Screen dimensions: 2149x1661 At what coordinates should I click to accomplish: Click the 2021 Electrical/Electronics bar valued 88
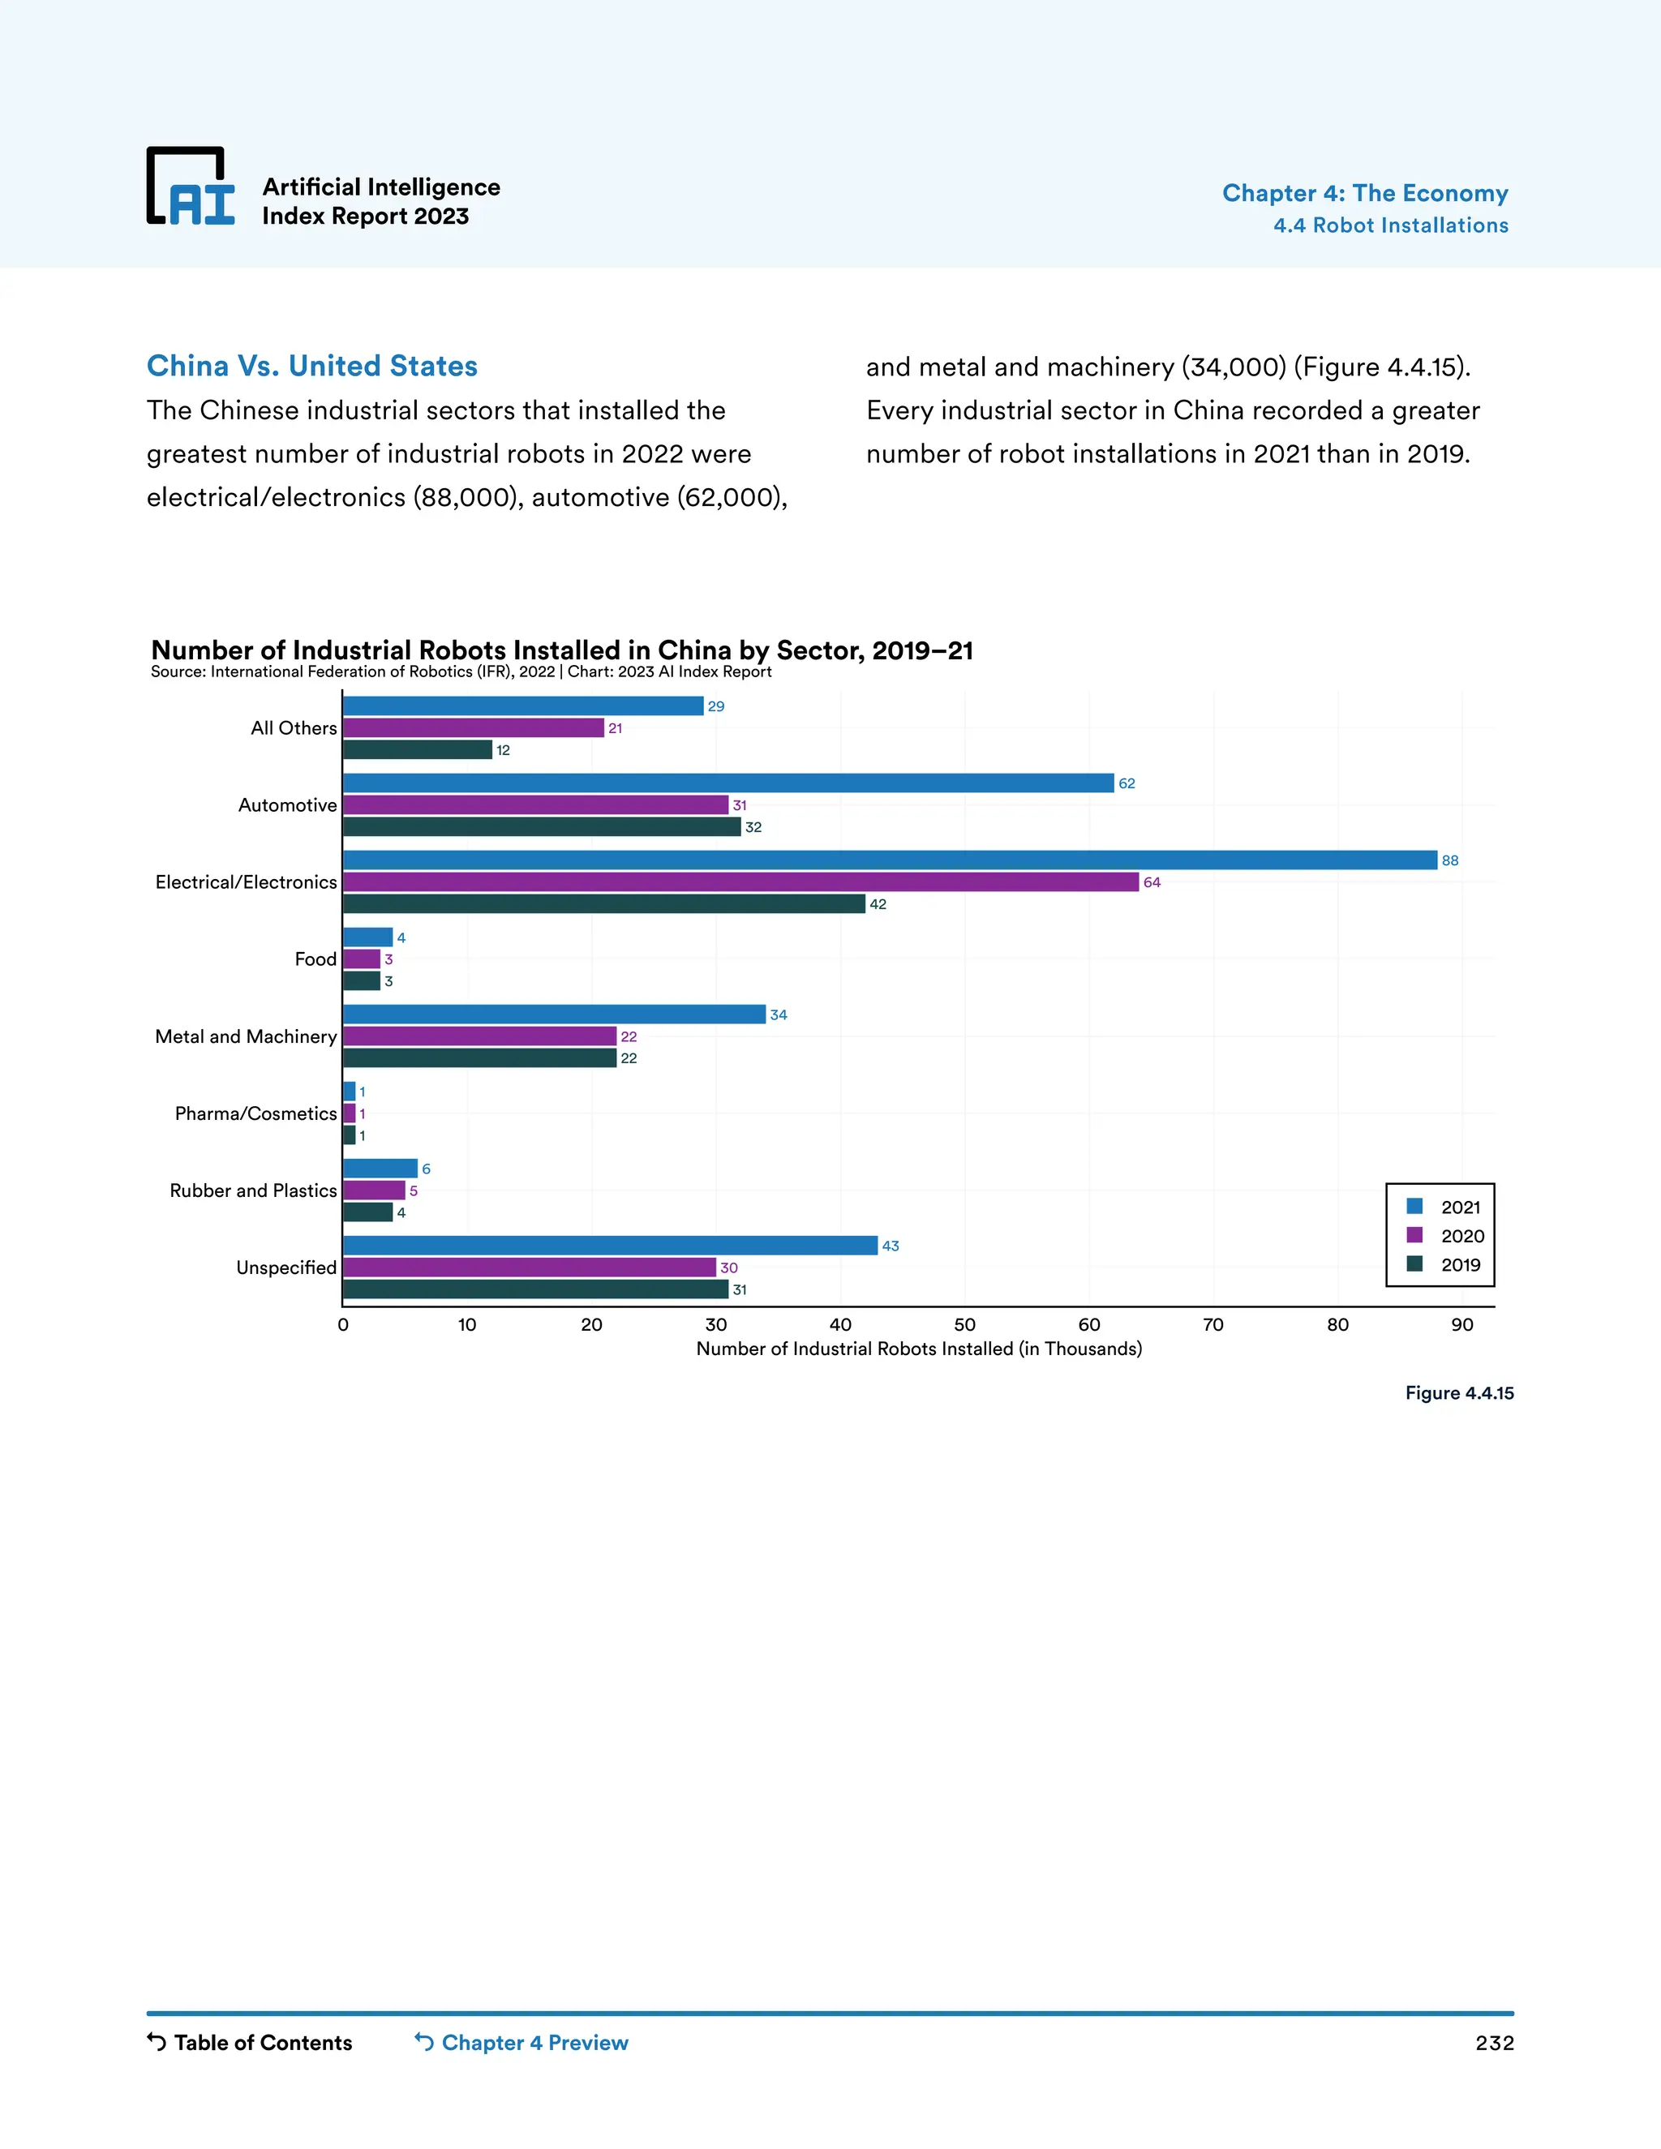[890, 860]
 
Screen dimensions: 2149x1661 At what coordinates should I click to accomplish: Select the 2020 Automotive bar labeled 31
[535, 805]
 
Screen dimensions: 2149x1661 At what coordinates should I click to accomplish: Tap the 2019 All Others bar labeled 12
[417, 750]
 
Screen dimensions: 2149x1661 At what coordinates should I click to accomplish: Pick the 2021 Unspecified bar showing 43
[610, 1246]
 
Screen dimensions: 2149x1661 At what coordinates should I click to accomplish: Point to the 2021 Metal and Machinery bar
[554, 1014]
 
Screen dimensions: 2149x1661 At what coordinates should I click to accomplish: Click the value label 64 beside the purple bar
[1152, 882]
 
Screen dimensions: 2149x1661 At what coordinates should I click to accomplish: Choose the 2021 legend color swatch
[1415, 1207]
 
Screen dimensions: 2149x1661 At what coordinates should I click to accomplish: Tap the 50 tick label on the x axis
[964, 1324]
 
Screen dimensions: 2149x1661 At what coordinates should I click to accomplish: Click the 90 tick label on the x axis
[1461, 1324]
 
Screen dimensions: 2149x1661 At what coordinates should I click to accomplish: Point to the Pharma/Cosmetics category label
[255, 1114]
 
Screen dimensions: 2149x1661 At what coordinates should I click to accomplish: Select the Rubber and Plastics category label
[253, 1190]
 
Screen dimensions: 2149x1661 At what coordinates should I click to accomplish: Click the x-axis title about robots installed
[919, 1349]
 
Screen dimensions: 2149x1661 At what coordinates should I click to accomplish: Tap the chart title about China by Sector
[562, 650]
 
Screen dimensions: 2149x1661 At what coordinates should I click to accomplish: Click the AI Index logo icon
[191, 187]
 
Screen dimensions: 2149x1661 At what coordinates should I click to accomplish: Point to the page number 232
[1494, 2043]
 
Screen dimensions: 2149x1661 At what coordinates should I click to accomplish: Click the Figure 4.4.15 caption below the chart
[1458, 1393]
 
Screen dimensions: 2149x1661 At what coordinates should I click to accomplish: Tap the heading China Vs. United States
[312, 366]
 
